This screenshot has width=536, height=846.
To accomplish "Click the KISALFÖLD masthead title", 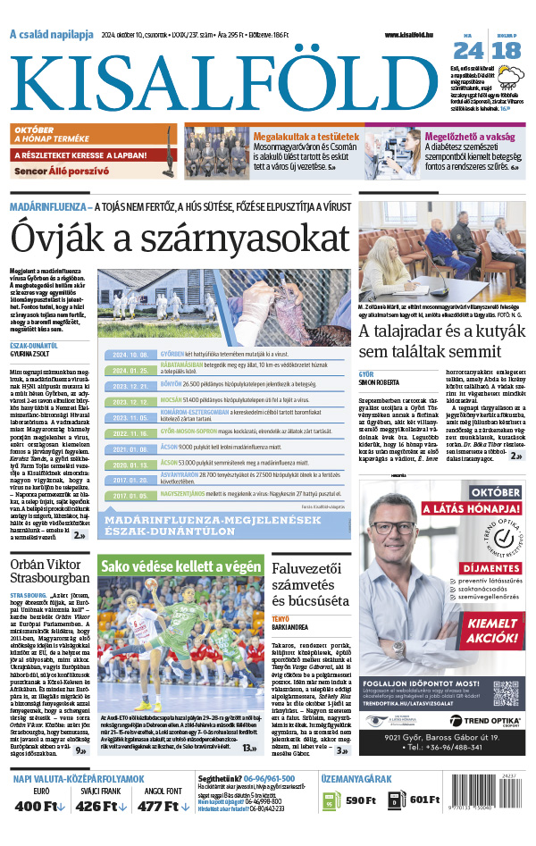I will (223, 76).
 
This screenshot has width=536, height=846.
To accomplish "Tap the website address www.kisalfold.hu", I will (414, 34).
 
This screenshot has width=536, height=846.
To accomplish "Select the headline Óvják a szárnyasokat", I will (179, 239).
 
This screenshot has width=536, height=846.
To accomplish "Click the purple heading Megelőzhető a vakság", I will (469, 138).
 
